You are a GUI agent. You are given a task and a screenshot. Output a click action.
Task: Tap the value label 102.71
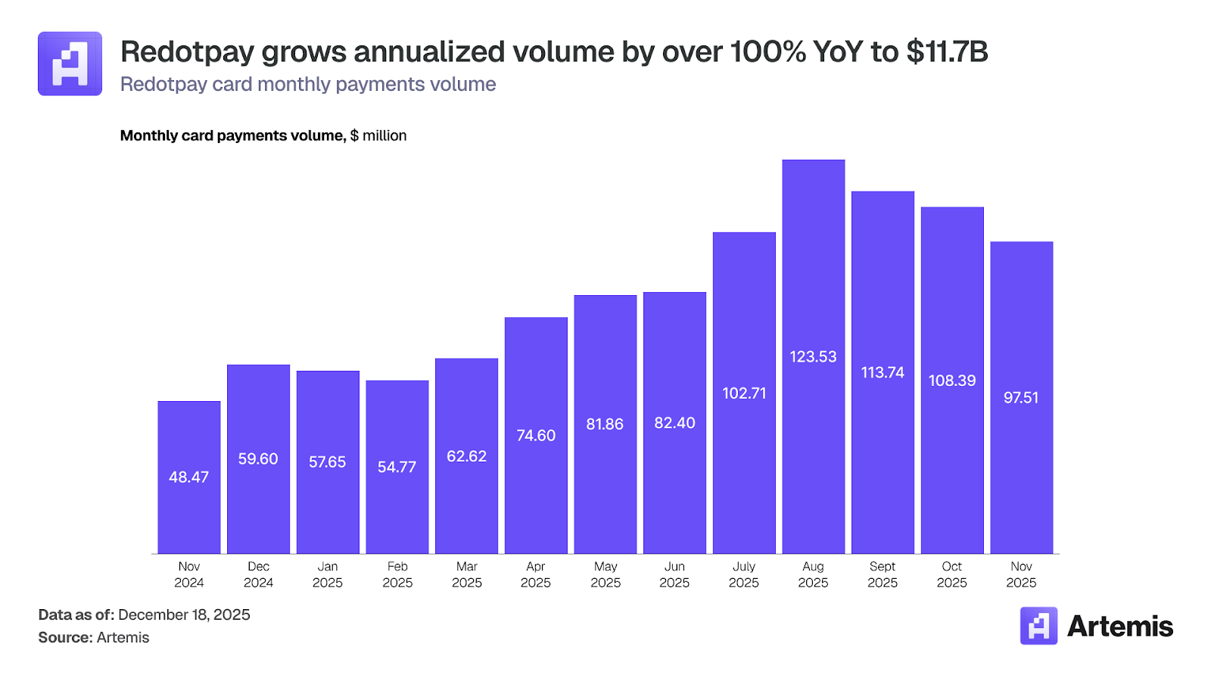pyautogui.click(x=744, y=393)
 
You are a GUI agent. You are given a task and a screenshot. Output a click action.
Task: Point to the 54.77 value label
pyautogui.click(x=397, y=468)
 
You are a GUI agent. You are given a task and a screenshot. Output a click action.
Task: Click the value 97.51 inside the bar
pyautogui.click(x=1021, y=398)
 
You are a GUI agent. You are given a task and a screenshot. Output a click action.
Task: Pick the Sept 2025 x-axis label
pyautogui.click(x=883, y=574)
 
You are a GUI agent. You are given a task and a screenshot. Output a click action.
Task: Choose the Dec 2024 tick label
pyautogui.click(x=258, y=574)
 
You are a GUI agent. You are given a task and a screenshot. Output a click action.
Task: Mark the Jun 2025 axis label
pyautogui.click(x=674, y=574)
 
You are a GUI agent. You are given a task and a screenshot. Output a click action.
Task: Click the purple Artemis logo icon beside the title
pyautogui.click(x=70, y=64)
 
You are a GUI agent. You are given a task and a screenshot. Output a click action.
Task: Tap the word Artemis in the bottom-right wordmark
pyautogui.click(x=1119, y=627)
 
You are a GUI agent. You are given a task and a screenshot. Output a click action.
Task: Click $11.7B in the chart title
pyautogui.click(x=946, y=52)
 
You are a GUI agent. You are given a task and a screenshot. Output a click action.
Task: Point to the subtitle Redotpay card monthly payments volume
pyautogui.click(x=308, y=84)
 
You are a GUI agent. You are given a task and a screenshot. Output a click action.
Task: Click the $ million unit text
pyautogui.click(x=378, y=135)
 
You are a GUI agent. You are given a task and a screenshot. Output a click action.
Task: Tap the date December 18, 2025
pyautogui.click(x=184, y=614)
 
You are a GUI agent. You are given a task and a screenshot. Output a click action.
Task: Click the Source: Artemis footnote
pyautogui.click(x=94, y=637)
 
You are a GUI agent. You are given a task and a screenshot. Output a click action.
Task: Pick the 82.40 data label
pyautogui.click(x=674, y=423)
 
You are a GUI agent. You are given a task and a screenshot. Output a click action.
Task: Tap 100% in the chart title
pyautogui.click(x=767, y=52)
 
